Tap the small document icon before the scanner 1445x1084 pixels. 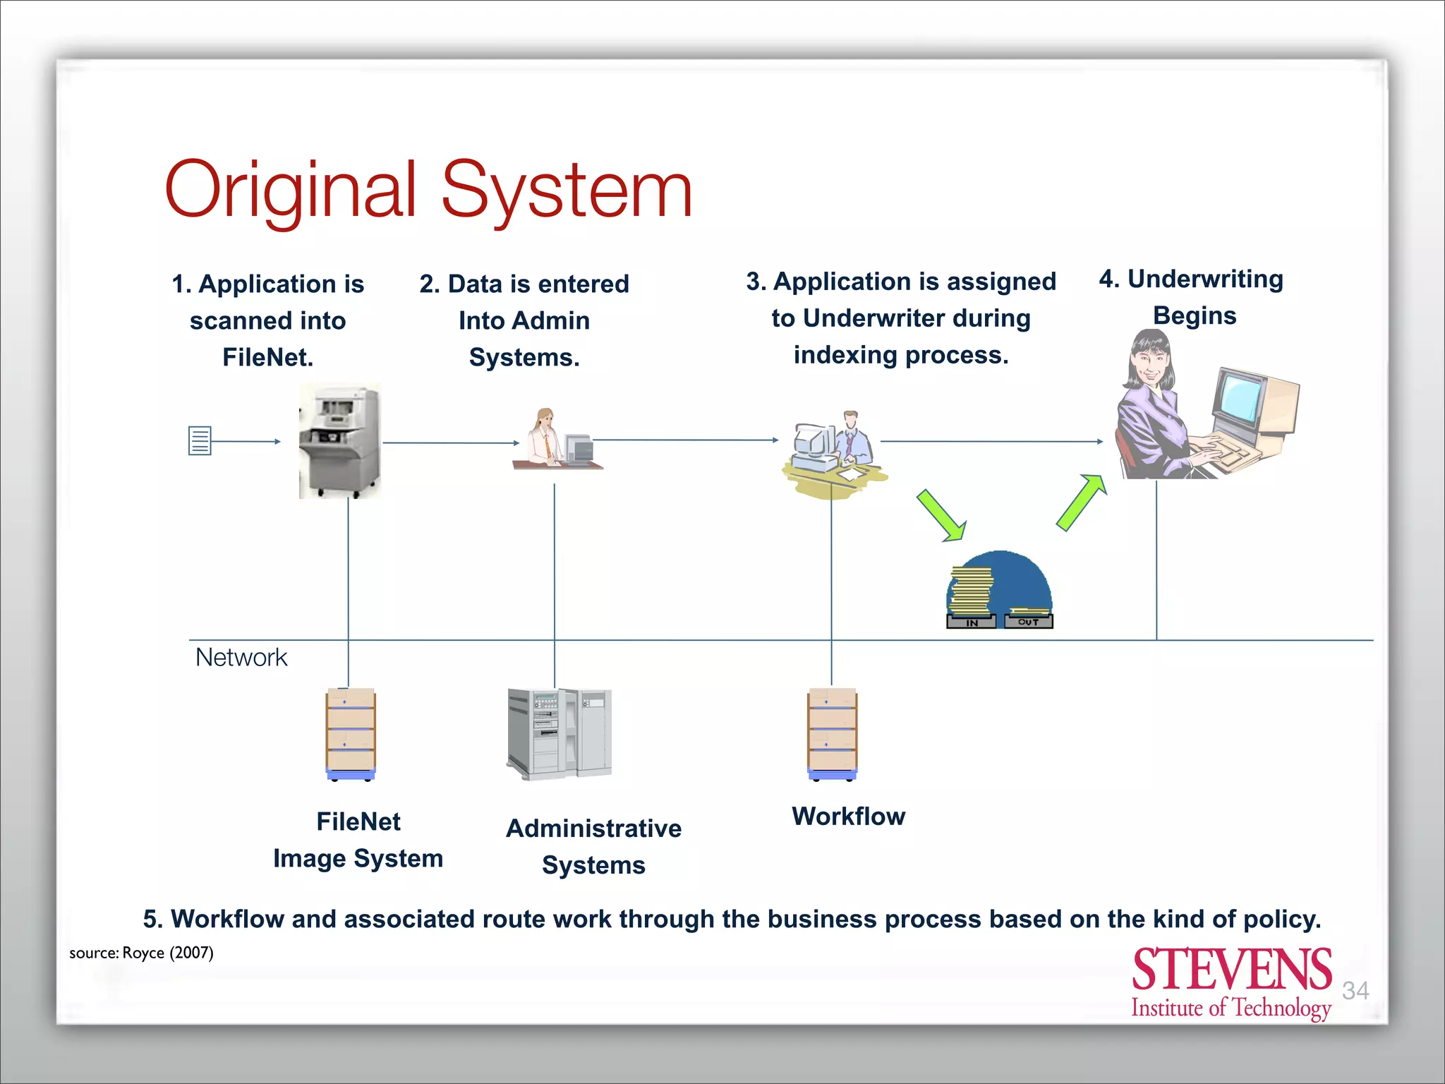200,440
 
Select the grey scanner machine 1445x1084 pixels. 339,441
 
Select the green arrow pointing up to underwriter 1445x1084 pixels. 1081,502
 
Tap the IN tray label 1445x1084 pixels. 972,622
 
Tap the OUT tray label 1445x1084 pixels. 1028,622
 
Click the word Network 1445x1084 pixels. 241,658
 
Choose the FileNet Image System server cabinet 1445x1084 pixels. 351,734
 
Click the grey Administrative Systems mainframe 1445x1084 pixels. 559,734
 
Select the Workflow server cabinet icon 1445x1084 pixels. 833,734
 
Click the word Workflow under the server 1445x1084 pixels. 848,817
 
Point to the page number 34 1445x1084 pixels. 1355,990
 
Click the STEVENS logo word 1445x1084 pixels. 1231,970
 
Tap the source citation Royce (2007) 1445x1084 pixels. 168,953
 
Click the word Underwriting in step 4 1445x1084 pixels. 1205,279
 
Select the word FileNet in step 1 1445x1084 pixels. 267,358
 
